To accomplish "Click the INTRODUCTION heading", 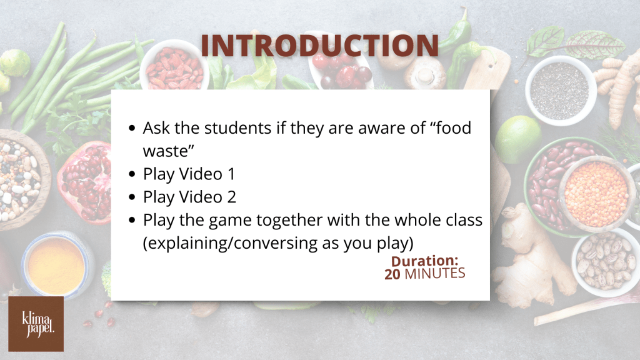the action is [319, 45].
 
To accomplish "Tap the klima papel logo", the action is [36, 324].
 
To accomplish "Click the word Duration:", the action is [424, 261].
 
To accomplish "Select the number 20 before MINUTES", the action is [392, 274].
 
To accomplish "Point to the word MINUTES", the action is [435, 274].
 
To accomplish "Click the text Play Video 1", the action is [189, 174].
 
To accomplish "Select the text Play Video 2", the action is [189, 197].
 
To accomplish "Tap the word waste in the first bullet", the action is [165, 151].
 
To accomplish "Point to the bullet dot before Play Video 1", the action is [131, 174].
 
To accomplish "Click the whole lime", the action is [518, 139].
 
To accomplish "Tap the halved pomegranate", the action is [84, 181].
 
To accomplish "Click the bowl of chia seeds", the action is [560, 90].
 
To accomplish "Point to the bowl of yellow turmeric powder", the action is [57, 264].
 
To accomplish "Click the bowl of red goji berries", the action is [174, 66].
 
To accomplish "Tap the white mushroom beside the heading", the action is [425, 72].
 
